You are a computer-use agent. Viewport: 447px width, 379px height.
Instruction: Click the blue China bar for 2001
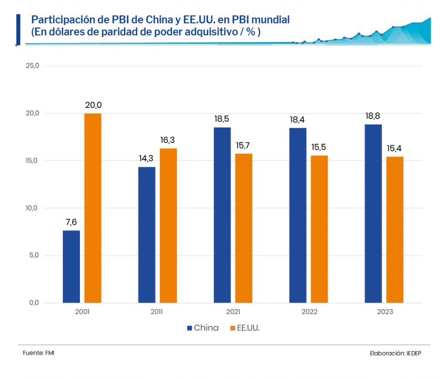71,266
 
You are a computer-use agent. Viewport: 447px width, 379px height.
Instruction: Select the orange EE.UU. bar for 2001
93,208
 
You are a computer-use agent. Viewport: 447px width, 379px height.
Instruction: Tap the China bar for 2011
147,234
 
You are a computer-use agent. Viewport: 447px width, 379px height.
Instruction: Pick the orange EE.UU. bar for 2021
244,228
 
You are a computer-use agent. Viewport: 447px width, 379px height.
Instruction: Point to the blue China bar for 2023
373,214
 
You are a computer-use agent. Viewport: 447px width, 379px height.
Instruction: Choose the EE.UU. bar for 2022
319,229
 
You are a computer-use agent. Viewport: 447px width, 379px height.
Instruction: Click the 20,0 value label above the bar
93,105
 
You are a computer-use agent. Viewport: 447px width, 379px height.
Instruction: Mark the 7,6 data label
71,222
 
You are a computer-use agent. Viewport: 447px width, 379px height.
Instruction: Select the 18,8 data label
373,116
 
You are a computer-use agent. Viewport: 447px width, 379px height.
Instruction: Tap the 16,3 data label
168,140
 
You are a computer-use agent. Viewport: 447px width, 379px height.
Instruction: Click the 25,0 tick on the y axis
33,66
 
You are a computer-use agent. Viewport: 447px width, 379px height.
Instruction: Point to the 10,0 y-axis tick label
33,208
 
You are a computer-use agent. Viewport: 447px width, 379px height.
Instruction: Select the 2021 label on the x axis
233,312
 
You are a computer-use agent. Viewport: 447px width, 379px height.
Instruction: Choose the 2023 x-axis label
384,312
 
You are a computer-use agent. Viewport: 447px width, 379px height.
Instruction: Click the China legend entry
203,328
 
